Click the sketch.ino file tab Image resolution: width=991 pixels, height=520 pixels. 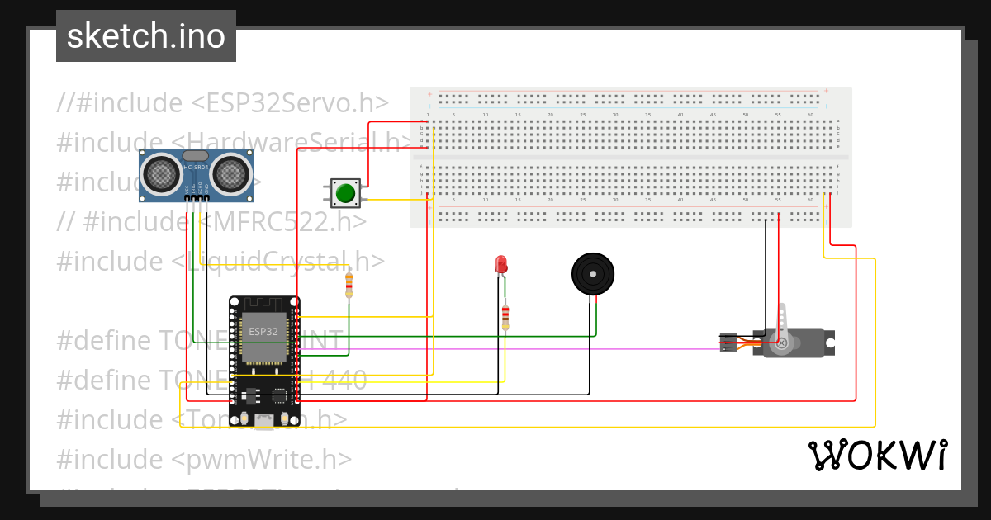click(x=146, y=36)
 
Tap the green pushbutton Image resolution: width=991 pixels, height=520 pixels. click(x=344, y=193)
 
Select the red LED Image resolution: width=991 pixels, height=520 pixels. click(x=500, y=264)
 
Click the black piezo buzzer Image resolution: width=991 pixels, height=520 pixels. click(x=594, y=273)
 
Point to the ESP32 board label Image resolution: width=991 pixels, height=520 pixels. click(x=263, y=331)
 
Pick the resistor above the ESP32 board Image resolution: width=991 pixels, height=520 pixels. click(x=349, y=286)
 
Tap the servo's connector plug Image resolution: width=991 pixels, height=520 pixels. click(x=728, y=343)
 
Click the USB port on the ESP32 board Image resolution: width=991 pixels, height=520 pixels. click(x=264, y=422)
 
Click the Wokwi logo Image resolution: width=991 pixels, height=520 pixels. click(x=876, y=455)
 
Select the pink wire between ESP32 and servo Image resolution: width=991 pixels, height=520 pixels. click(x=512, y=349)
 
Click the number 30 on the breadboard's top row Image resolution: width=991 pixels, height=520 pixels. click(x=615, y=114)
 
